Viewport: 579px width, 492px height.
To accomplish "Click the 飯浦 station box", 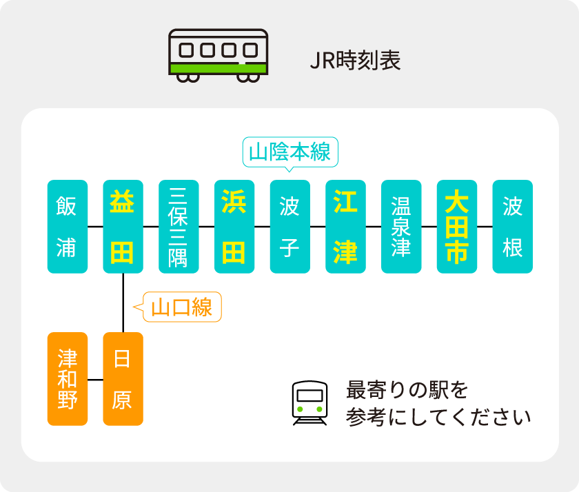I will tap(67, 227).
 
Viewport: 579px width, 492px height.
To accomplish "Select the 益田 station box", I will tap(123, 227).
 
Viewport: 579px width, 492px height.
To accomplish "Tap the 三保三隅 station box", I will tap(179, 227).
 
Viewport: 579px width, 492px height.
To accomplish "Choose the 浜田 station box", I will tap(234, 227).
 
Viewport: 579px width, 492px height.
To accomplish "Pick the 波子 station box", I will tap(290, 227).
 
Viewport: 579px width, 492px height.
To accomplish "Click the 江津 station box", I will tap(346, 227).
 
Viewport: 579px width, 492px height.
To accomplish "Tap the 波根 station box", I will tap(513, 227).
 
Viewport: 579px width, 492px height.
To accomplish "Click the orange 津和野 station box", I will tap(67, 379).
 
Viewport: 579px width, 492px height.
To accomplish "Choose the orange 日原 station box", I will tap(123, 379).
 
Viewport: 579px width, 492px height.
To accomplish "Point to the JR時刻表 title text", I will tap(355, 61).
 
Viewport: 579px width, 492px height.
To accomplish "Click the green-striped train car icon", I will tap(218, 55).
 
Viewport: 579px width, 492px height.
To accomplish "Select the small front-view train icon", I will tap(309, 402).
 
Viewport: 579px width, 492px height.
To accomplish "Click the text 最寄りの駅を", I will tap(407, 390).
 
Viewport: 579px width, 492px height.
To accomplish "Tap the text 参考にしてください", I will tap(438, 418).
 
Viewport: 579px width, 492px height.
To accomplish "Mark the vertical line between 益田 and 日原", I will tap(123, 303).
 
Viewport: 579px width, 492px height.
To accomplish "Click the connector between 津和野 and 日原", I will tap(95, 379).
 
